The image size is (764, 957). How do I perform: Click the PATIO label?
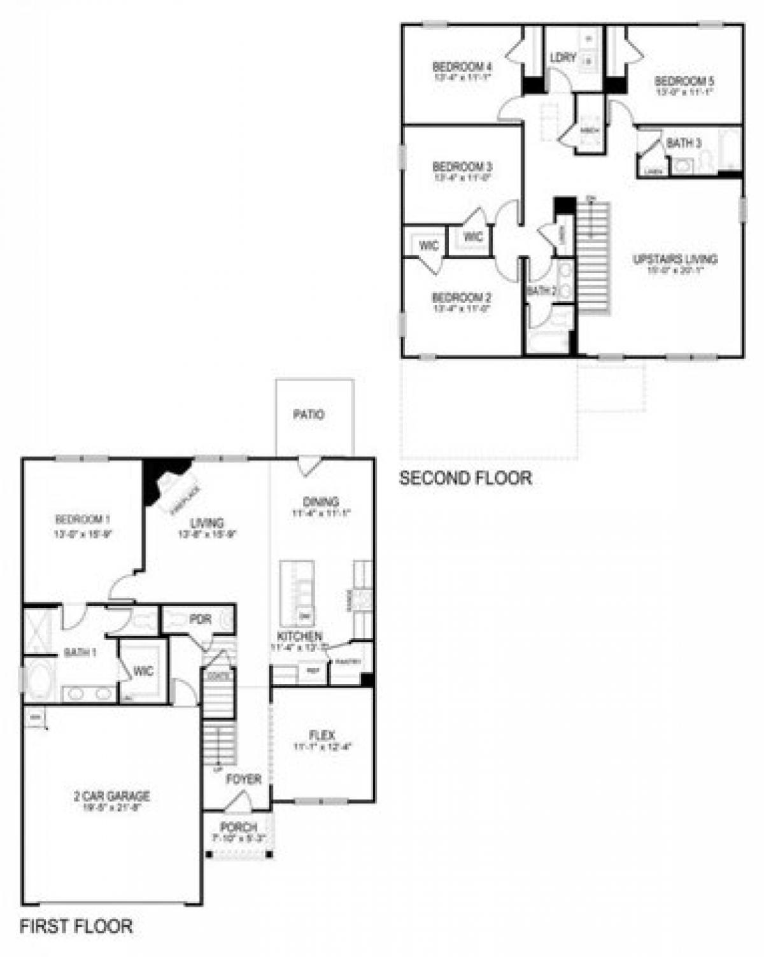point(309,415)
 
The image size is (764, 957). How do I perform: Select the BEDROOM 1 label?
point(83,519)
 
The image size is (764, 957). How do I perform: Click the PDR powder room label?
point(200,620)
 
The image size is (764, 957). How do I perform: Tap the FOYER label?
point(244,779)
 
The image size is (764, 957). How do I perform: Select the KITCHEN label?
point(299,636)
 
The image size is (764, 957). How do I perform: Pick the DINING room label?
point(321,502)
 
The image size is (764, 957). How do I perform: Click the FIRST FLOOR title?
point(76,926)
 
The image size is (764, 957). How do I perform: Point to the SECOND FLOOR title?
point(465,478)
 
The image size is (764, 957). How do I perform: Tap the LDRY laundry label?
point(563,58)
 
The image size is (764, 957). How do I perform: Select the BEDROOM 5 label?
point(684,82)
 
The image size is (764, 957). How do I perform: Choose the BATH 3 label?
point(684,143)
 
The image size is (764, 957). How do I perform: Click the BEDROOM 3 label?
point(462,167)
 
